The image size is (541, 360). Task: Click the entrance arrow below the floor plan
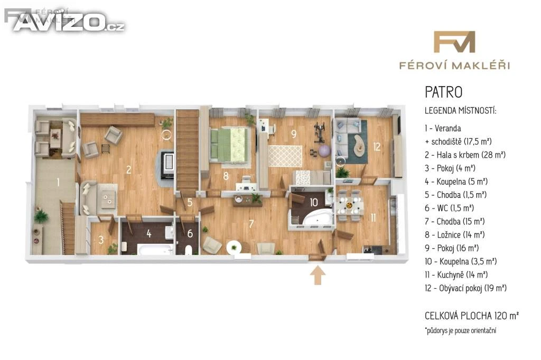[318, 276]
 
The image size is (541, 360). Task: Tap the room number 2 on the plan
[129, 169]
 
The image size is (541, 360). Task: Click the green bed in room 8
[228, 145]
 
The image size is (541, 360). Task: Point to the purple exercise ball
[324, 151]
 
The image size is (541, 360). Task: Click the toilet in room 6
[188, 250]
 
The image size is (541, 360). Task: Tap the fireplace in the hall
[167, 164]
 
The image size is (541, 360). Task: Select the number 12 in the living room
[377, 147]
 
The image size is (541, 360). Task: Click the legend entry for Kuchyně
[456, 275]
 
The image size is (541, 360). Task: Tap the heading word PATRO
[443, 92]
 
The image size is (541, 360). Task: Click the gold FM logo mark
[454, 42]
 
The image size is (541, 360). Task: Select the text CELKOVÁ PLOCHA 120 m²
[472, 316]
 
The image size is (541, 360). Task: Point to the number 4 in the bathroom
[148, 233]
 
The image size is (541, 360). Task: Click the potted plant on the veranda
[41, 216]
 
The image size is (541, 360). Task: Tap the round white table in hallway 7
[234, 247]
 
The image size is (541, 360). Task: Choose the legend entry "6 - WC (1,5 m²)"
[449, 208]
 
